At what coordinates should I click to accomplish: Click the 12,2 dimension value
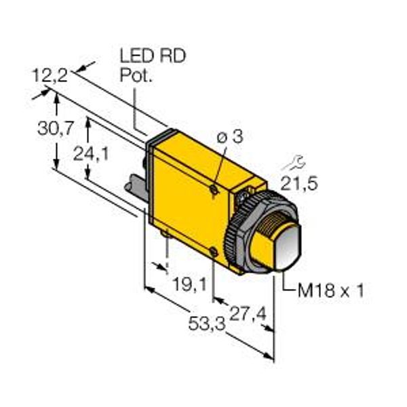pyautogui.click(x=50, y=75)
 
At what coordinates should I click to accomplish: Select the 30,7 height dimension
pyautogui.click(x=56, y=128)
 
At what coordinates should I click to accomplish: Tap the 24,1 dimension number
pyautogui.click(x=91, y=154)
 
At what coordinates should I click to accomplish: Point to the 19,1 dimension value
pyautogui.click(x=190, y=284)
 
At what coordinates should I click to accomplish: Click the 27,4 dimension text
pyautogui.click(x=248, y=314)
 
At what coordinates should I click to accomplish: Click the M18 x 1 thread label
pyautogui.click(x=331, y=290)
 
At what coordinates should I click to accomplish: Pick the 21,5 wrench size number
pyautogui.click(x=299, y=184)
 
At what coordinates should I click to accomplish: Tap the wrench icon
pyautogui.click(x=294, y=163)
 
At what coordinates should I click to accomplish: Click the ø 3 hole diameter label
pyautogui.click(x=230, y=136)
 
